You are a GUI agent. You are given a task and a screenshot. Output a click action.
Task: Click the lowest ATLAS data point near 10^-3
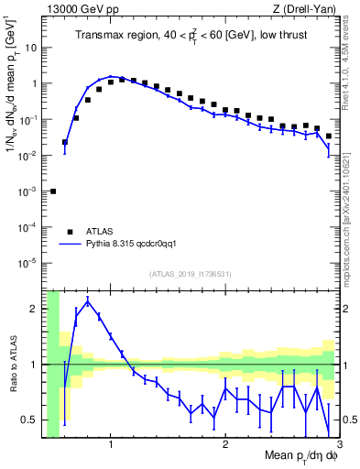(53, 191)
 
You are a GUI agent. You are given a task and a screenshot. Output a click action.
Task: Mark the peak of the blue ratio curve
(88, 300)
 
